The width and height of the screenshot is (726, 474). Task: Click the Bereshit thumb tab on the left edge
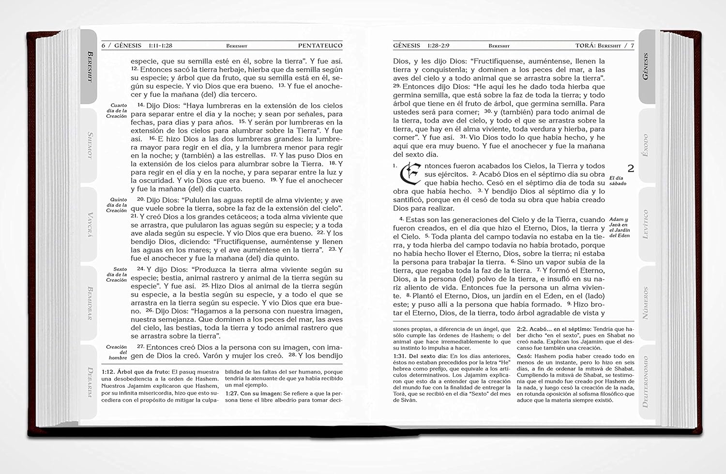coord(89,66)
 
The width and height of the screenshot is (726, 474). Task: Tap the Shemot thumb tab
coord(90,145)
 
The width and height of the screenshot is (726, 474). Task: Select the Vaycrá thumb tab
coord(90,224)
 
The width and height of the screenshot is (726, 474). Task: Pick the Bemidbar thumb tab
coord(90,303)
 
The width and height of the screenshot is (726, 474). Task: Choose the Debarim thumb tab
coord(90,382)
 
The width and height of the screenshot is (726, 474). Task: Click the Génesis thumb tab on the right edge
coord(646,66)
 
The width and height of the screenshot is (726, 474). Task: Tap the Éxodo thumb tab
coord(645,145)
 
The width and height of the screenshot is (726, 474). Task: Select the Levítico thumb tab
coord(645,224)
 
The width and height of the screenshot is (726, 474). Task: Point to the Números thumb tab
coord(645,303)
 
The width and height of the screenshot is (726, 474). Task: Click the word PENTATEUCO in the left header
coord(320,46)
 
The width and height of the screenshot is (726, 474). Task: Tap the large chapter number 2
coord(631,168)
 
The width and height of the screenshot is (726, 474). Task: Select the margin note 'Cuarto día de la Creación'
coord(117,110)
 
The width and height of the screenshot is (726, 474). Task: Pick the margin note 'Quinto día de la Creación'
coord(117,205)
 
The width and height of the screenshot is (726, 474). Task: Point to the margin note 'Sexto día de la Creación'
coord(117,275)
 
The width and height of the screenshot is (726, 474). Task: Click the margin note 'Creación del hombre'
coord(117,352)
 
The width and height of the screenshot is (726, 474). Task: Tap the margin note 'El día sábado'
coord(618,181)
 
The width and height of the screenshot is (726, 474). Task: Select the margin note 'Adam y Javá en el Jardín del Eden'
coord(620,228)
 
